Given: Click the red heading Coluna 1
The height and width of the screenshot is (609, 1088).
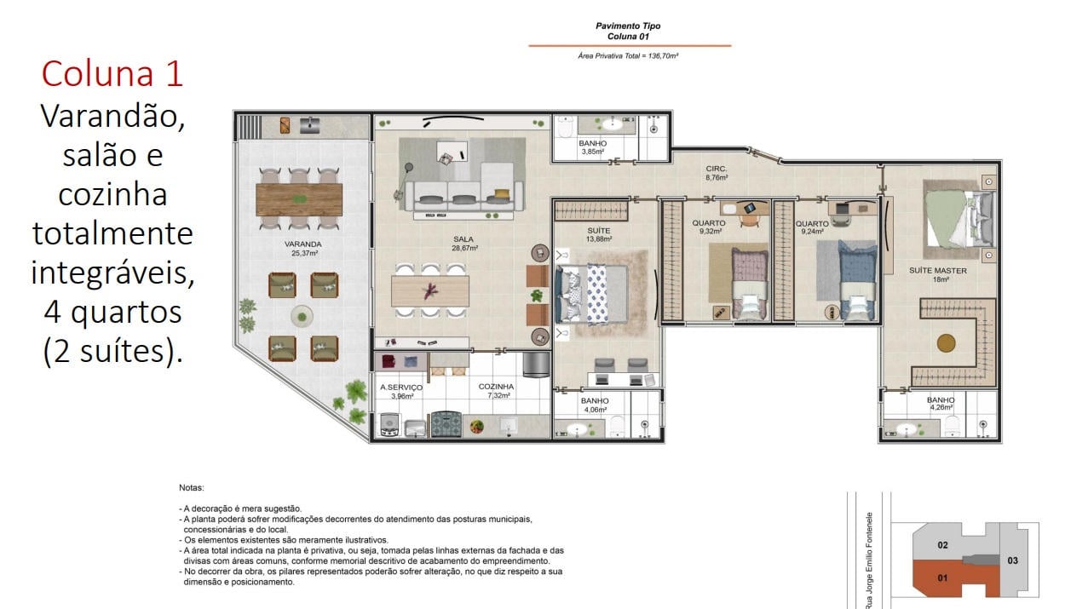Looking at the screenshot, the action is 112,74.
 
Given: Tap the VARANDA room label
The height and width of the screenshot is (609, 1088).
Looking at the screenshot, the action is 303,244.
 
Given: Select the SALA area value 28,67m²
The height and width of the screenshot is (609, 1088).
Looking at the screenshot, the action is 464,248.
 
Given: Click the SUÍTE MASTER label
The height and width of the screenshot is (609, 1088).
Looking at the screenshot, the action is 938,271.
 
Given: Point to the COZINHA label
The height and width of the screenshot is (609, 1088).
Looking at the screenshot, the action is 496,387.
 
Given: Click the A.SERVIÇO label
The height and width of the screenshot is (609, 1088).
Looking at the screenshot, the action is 401,387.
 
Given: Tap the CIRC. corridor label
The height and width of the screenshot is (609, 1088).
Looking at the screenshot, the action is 717,169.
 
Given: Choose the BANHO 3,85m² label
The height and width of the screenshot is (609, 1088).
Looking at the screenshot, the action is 593,147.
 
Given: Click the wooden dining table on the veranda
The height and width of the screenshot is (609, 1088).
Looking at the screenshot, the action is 299,199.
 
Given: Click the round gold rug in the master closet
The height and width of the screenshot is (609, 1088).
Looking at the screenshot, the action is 947,343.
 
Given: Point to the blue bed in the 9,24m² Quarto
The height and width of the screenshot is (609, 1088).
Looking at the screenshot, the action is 857,281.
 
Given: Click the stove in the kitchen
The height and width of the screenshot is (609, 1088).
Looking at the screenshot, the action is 446,424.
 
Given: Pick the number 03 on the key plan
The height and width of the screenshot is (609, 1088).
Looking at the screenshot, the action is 1013,560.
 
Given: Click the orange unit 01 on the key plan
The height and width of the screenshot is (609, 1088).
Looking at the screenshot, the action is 942,578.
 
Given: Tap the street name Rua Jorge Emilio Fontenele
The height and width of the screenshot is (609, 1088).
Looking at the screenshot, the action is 869,560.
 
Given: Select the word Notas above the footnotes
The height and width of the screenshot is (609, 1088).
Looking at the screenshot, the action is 192,487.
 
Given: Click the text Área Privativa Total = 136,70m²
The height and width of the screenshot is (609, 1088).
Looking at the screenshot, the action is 628,56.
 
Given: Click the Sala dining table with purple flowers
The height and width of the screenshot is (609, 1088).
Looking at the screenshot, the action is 430,291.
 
